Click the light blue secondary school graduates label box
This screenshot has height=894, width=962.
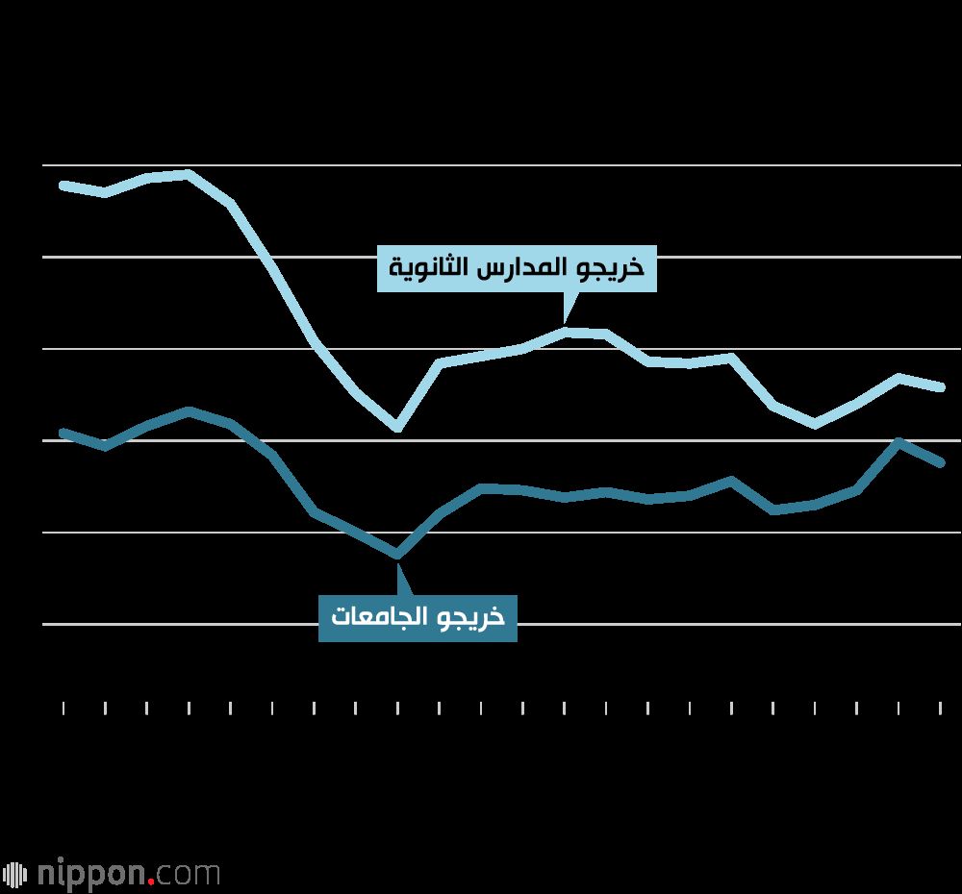516,268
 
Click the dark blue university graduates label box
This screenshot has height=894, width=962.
418,617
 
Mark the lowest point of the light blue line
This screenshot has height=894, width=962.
397,428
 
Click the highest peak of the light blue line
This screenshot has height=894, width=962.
189,173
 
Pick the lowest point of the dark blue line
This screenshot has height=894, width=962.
397,555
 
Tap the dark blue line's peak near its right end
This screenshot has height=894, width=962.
899,441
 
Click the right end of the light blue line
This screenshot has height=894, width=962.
942,387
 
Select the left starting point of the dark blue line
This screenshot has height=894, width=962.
63,433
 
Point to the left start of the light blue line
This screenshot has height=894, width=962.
63,185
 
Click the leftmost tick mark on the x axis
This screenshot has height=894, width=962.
63,708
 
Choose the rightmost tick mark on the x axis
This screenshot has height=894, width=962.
940,708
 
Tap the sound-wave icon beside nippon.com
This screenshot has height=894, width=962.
14,876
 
